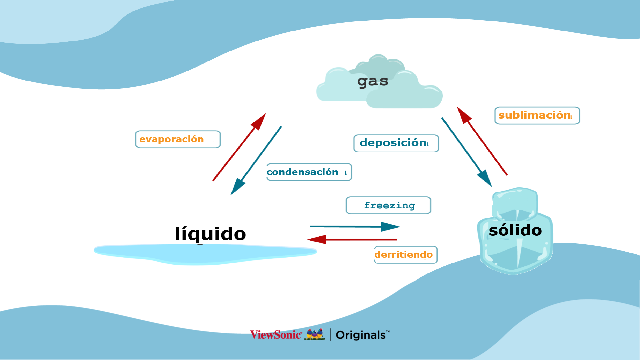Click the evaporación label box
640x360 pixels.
[x=178, y=139]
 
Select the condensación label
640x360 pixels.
[x=309, y=172]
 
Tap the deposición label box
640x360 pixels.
[x=396, y=143]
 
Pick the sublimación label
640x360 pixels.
[x=537, y=115]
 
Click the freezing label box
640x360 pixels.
[x=388, y=205]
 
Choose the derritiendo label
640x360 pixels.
[x=405, y=255]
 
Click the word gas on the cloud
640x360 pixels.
[x=373, y=82]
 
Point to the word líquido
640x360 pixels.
[x=210, y=234]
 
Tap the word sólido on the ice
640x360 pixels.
[x=515, y=230]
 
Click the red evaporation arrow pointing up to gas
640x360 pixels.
[x=239, y=147]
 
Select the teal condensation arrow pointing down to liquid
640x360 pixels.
[x=256, y=160]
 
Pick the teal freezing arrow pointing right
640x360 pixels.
[x=355, y=227]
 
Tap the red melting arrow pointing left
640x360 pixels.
[x=353, y=240]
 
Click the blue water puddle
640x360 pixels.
[x=205, y=253]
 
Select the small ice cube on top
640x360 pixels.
[x=515, y=202]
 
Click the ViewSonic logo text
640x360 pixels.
[x=276, y=335]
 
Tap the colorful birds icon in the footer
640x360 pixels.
[x=315, y=334]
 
